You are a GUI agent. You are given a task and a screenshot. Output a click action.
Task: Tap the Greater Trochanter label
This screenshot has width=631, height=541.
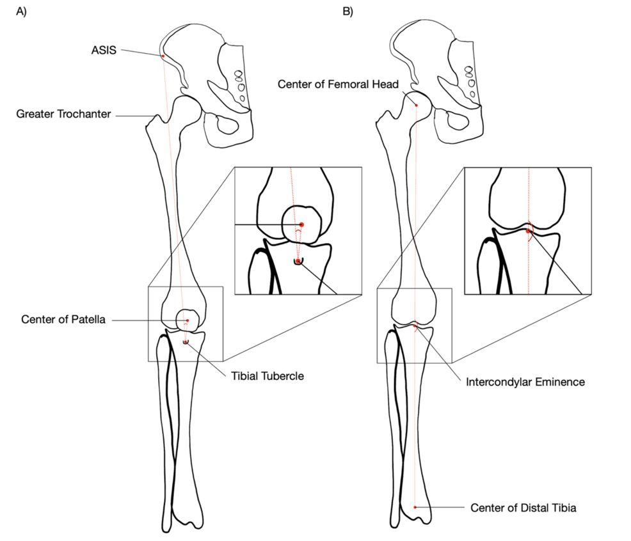63,114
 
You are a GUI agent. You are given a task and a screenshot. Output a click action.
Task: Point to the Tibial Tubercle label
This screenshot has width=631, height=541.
267,376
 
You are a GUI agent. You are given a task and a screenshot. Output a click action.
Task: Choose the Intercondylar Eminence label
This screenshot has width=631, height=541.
525,382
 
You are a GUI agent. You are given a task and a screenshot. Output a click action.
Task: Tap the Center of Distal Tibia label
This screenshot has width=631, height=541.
523,508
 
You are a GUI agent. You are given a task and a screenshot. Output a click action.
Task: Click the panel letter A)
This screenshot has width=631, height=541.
21,12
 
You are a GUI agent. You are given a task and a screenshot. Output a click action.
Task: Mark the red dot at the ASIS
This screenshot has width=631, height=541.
163,56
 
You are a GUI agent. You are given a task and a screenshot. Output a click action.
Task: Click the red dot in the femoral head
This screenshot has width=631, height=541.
416,105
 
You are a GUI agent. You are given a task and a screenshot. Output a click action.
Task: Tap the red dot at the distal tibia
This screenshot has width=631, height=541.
415,507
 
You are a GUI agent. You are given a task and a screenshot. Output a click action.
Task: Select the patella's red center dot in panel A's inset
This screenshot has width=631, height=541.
301,224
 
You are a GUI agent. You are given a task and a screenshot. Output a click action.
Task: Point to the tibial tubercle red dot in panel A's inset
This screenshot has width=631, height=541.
297,260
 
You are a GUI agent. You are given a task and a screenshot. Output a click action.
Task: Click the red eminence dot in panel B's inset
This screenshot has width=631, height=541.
528,231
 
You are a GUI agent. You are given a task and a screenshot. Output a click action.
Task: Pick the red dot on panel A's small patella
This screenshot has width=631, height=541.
188,320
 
